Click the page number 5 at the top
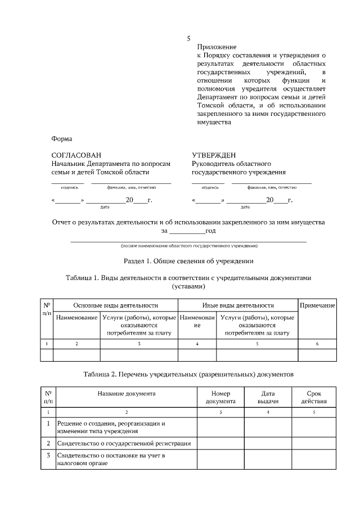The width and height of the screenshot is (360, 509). [188, 39]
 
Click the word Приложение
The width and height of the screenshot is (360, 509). [217, 47]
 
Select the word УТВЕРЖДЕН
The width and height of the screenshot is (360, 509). [214, 155]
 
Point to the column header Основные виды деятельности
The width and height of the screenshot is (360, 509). [115, 305]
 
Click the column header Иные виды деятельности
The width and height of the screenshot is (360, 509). [238, 305]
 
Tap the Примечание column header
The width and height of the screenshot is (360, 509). [317, 305]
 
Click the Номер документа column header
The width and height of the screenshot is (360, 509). [220, 398]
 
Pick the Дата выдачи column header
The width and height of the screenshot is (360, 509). [268, 398]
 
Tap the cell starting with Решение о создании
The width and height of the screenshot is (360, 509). [112, 427]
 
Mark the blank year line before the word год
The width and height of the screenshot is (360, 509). [187, 231]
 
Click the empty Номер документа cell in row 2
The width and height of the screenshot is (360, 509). [220, 444]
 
